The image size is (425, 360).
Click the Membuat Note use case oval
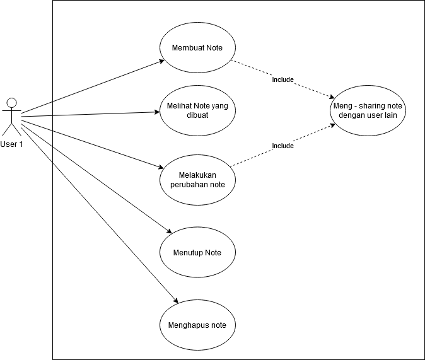click(197, 48)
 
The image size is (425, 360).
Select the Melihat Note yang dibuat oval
click(197, 111)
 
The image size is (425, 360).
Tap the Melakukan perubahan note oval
click(197, 179)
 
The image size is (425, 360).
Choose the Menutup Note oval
click(197, 252)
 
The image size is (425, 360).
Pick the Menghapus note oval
click(197, 325)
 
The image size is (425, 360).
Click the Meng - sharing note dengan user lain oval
click(368, 111)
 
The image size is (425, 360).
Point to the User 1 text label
click(11, 144)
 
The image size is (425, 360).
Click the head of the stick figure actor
click(11, 102)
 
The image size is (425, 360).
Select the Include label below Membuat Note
click(282, 79)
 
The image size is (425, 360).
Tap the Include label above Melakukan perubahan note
click(282, 146)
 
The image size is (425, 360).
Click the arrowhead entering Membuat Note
click(161, 62)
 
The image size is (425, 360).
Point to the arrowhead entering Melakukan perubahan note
click(160, 167)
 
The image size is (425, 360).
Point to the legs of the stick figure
click(11, 129)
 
